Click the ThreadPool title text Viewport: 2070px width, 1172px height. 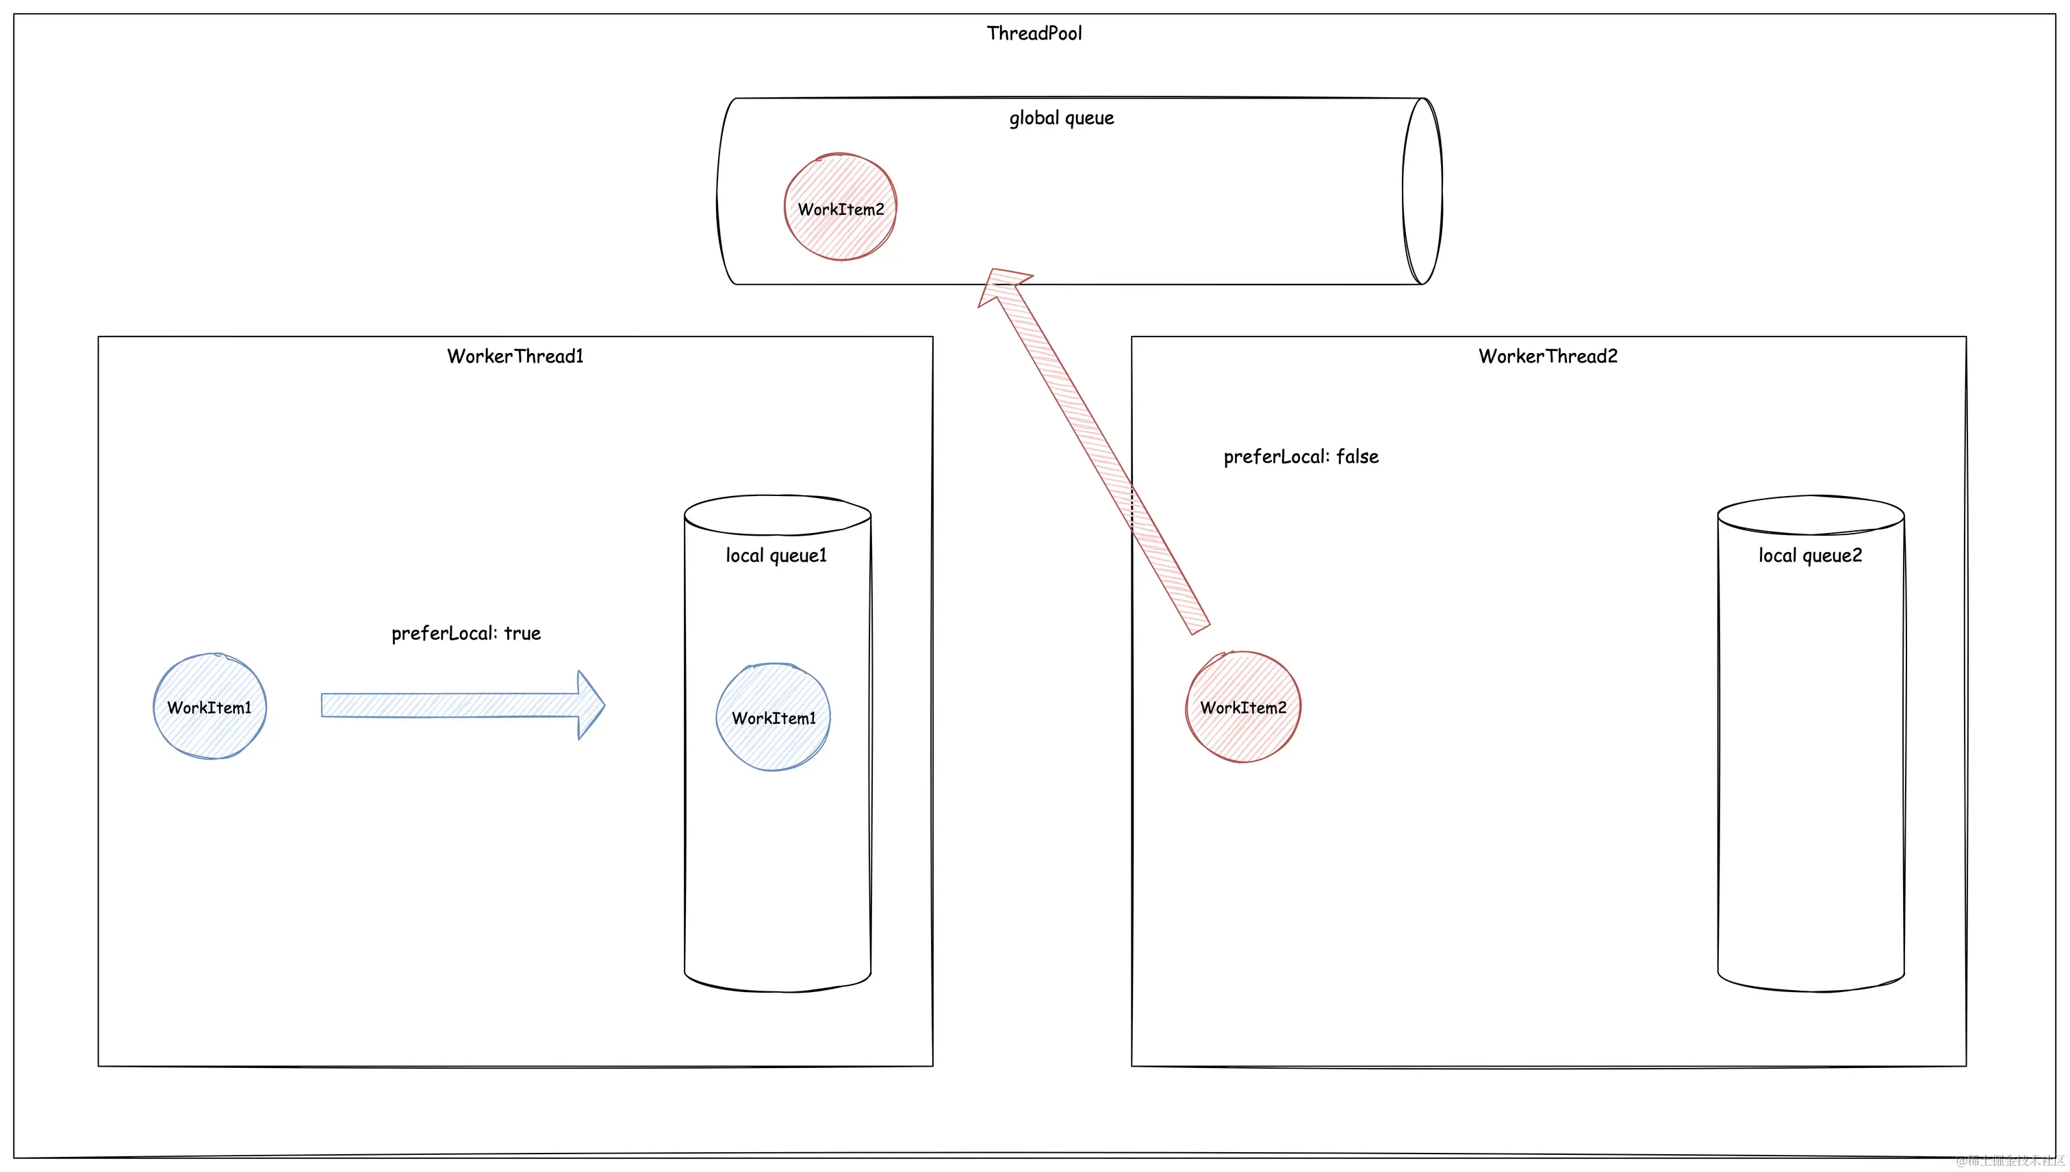(x=1034, y=33)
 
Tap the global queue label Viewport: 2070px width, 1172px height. (x=1061, y=118)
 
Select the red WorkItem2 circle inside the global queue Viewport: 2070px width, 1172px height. (x=841, y=208)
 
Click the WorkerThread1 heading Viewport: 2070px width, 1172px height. (x=515, y=356)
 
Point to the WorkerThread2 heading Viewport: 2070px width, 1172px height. (x=1548, y=356)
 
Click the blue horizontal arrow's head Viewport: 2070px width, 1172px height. (x=590, y=705)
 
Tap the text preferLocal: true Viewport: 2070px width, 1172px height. (x=465, y=634)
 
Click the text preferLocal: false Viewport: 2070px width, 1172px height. (x=1301, y=457)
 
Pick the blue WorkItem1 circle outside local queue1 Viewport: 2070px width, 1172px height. (x=209, y=707)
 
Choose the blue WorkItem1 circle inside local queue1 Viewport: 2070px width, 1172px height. (x=773, y=717)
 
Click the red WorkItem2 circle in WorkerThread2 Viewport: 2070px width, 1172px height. (x=1242, y=707)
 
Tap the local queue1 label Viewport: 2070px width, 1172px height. (x=776, y=556)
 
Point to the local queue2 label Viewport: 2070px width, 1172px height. (x=1809, y=556)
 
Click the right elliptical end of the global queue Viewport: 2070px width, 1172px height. (x=1422, y=192)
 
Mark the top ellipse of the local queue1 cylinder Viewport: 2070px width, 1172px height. (x=777, y=515)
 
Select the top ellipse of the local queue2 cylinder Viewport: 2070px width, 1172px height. (x=1810, y=515)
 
